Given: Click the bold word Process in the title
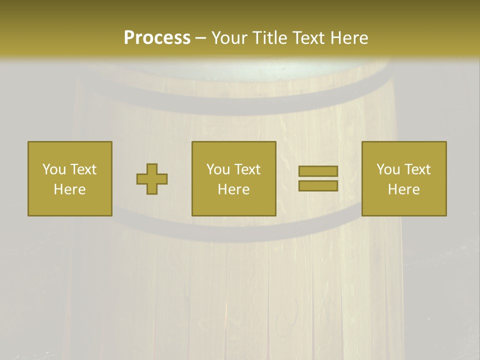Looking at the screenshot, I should pyautogui.click(x=157, y=38).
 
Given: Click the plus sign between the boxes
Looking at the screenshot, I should pyautogui.click(x=152, y=179).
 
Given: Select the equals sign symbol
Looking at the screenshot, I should pyautogui.click(x=318, y=178).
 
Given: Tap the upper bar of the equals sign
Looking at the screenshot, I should pyautogui.click(x=318, y=171).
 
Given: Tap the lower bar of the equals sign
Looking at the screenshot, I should pyautogui.click(x=318, y=185).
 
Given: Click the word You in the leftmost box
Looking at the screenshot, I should pyautogui.click(x=53, y=169).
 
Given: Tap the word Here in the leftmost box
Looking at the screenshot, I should pyautogui.click(x=69, y=189).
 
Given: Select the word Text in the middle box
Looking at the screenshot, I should pyautogui.click(x=247, y=169).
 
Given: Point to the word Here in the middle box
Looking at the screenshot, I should pyautogui.click(x=233, y=189).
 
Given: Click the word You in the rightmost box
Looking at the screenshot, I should pyautogui.click(x=387, y=169).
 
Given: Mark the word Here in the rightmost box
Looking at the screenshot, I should pyautogui.click(x=403, y=189).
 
